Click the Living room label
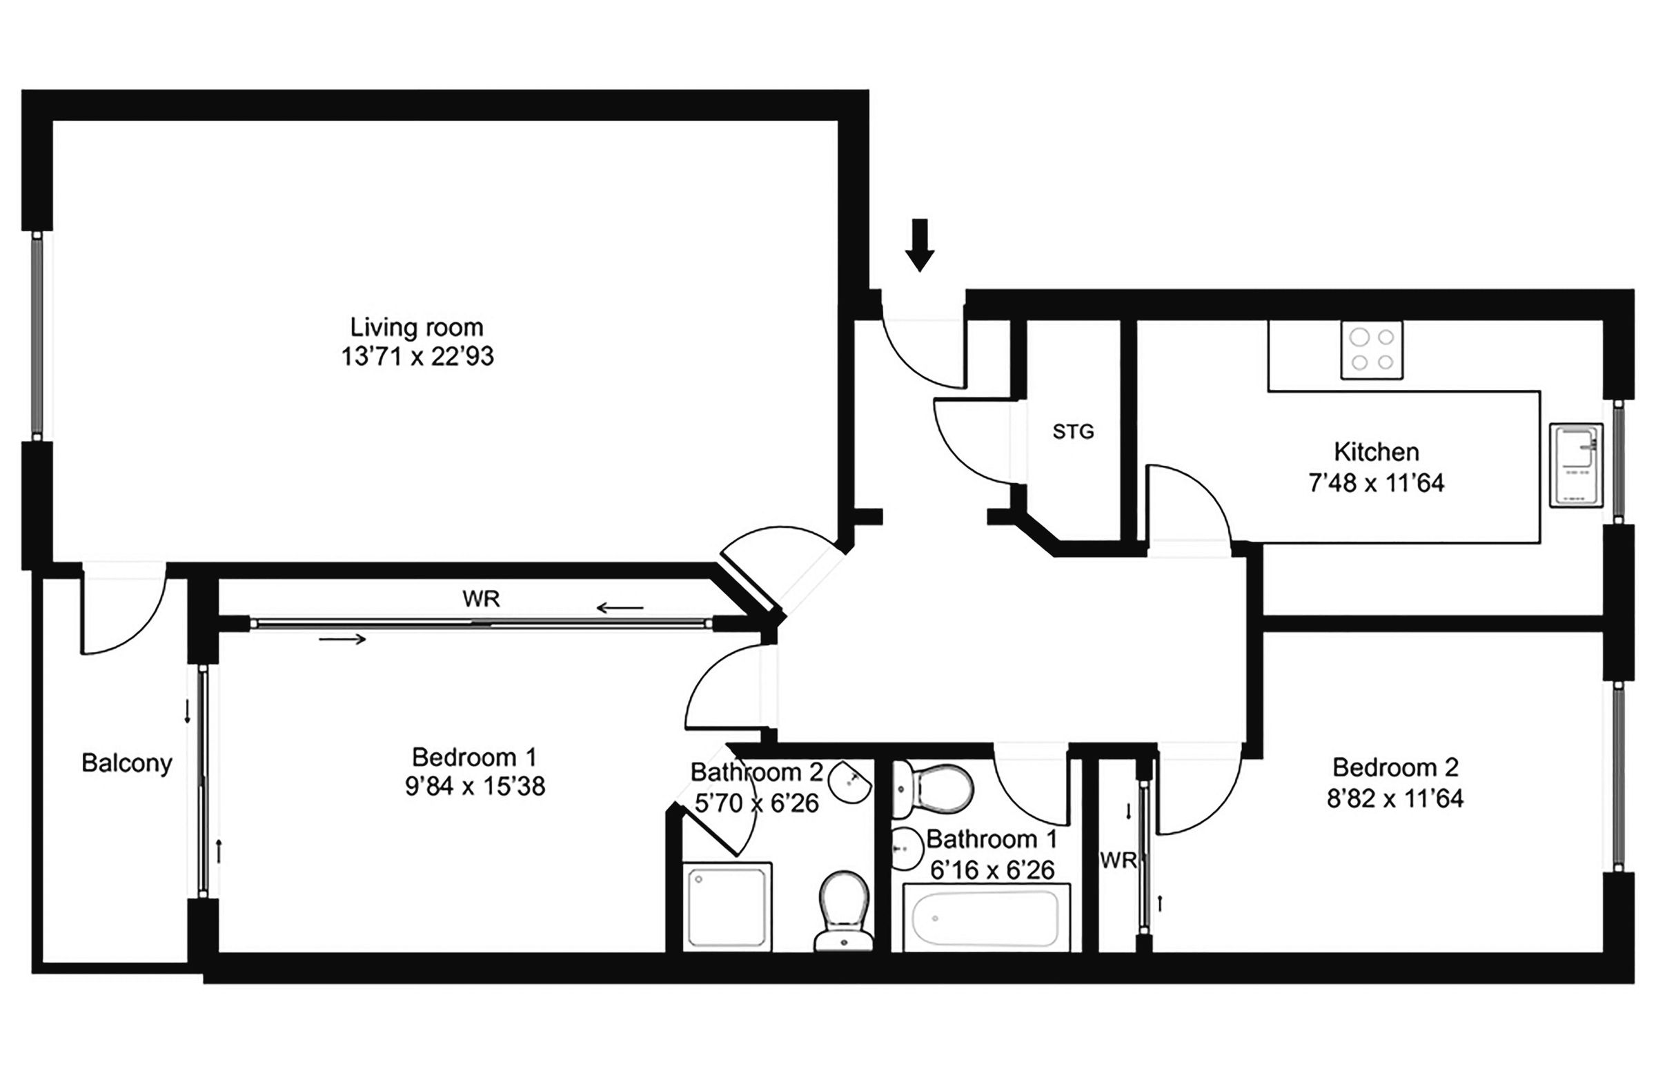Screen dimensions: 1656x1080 (416, 327)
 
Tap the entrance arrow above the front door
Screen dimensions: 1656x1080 (920, 245)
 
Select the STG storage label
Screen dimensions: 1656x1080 (1073, 432)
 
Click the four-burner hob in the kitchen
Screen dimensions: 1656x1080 (1372, 350)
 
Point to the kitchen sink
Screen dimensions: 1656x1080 (1577, 466)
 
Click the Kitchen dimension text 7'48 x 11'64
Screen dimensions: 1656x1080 (1377, 483)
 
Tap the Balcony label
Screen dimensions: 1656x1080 (127, 763)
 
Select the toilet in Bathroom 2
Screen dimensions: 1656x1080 (844, 910)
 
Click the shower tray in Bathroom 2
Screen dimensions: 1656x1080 (727, 907)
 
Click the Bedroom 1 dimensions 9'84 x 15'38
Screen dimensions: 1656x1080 (475, 787)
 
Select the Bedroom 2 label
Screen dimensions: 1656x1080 (1395, 767)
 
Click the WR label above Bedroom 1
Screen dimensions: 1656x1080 (481, 598)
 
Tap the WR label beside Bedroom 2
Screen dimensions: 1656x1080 (1117, 861)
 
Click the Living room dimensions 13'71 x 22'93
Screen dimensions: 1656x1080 (417, 356)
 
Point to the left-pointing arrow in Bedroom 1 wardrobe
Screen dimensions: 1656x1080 (620, 609)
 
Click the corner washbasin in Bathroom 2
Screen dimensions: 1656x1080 (851, 780)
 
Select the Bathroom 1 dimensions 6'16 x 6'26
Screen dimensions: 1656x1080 (992, 870)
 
